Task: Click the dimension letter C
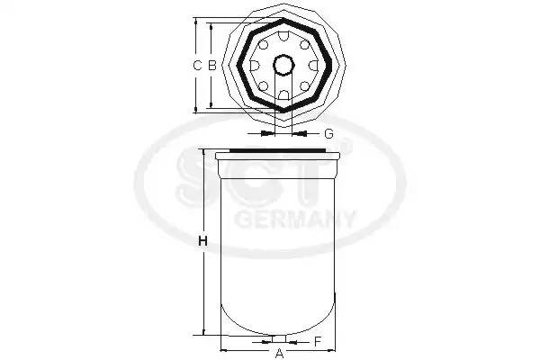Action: [197, 65]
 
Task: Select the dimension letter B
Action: [211, 65]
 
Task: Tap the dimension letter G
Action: [328, 133]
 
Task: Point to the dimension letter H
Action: [202, 241]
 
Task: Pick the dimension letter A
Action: [279, 353]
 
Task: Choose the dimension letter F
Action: [318, 341]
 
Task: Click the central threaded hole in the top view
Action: [283, 65]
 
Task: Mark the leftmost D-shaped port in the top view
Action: [254, 65]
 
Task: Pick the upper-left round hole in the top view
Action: [263, 44]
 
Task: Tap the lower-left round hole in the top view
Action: [263, 86]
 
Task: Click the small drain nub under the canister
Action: [278, 339]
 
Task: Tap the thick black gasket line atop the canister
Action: [278, 149]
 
